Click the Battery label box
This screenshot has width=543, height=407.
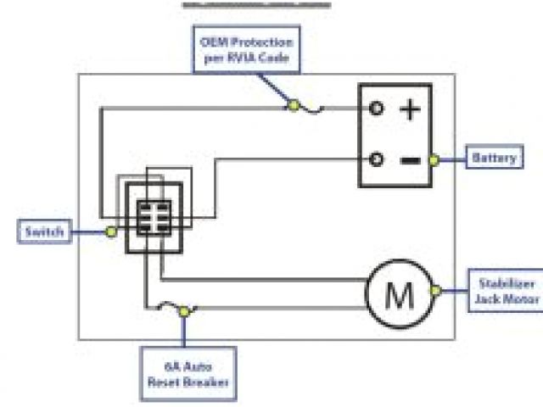coord(495,159)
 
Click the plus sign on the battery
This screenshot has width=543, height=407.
coord(409,109)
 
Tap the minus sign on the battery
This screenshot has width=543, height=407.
coord(409,159)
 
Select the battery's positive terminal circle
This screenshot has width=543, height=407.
coord(376,108)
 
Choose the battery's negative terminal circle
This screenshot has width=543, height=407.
coord(376,159)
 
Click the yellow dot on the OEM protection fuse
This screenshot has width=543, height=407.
coord(293,105)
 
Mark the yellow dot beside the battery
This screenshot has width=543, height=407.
coord(434,159)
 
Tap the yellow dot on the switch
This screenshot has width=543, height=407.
coord(110,231)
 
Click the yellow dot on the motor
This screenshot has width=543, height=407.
coord(435,291)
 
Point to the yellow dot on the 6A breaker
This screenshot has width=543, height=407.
coord(183,311)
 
